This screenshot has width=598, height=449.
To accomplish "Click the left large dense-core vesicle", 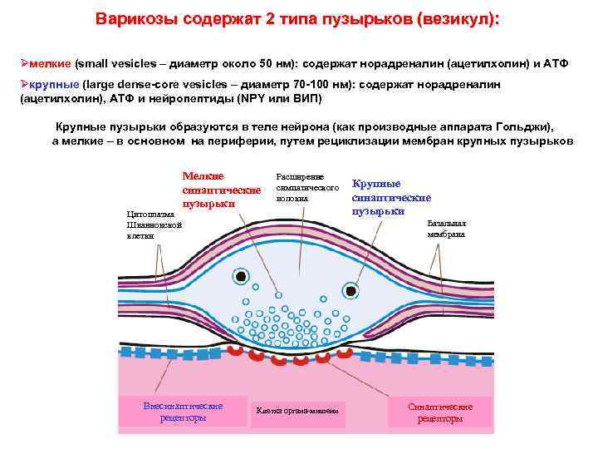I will pos(241,277).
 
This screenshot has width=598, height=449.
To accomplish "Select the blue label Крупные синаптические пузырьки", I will pos(390,197).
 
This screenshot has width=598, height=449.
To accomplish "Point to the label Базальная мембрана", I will pos(447,229).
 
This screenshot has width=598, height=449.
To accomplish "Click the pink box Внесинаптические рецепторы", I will pos(184,412).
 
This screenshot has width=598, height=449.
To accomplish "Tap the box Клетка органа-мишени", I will pos(297,411).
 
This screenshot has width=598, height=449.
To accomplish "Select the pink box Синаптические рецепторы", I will pos(440,412).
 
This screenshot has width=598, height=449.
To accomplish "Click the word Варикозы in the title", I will pos(134,19).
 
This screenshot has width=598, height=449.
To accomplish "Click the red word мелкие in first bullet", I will pos(51,63).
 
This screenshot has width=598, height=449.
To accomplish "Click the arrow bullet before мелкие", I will pos(24,63).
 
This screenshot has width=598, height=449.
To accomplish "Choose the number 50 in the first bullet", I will pos(267,63).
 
